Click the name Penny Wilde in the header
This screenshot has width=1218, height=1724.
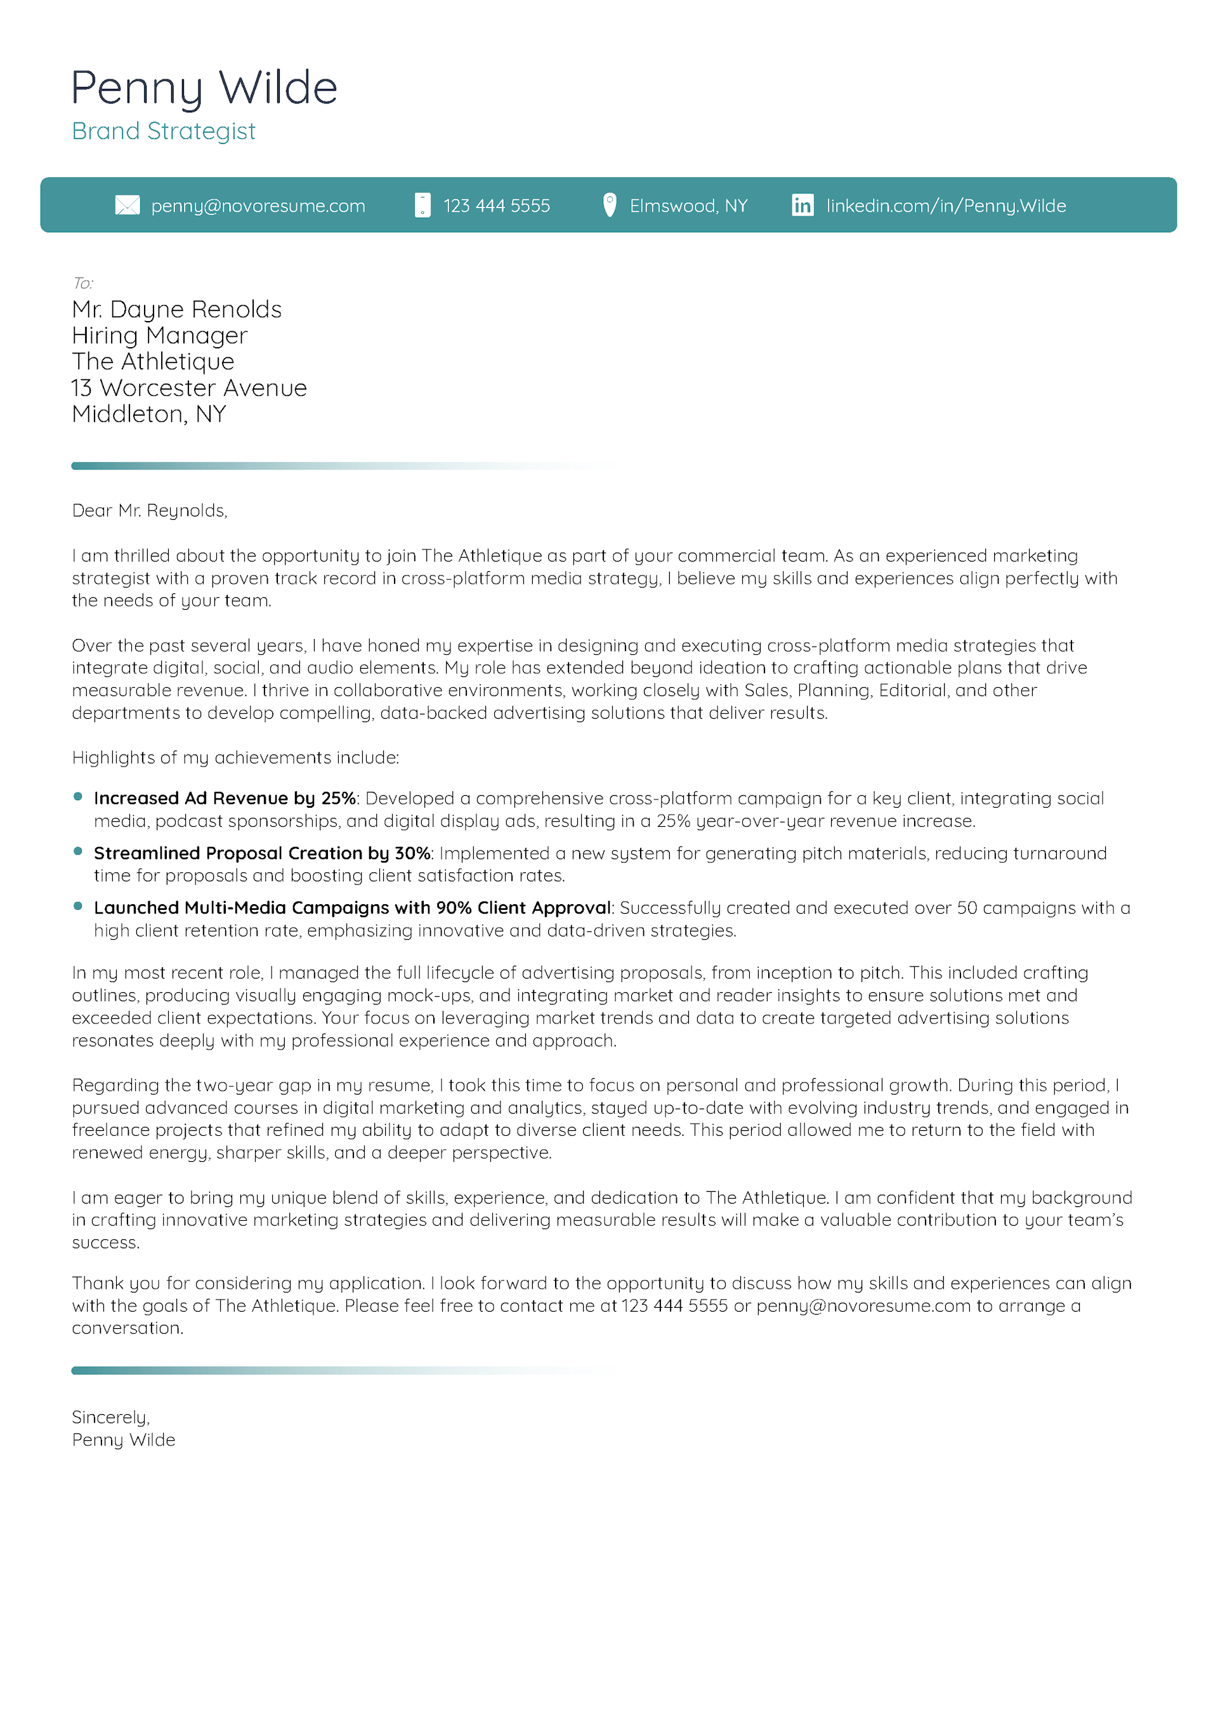pyautogui.click(x=204, y=89)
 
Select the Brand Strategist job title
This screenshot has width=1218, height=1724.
pyautogui.click(x=164, y=131)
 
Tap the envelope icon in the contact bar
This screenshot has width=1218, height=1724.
pyautogui.click(x=127, y=205)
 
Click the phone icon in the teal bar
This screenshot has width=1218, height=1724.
pyautogui.click(x=422, y=205)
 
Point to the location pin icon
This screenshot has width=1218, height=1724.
pyautogui.click(x=610, y=205)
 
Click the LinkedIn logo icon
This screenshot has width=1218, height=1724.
pyautogui.click(x=802, y=205)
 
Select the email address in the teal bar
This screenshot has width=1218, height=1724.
pyautogui.click(x=258, y=206)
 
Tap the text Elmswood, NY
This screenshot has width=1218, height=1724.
pyautogui.click(x=688, y=206)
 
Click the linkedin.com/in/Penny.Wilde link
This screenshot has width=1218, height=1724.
pyautogui.click(x=945, y=206)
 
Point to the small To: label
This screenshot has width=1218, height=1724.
pyautogui.click(x=82, y=283)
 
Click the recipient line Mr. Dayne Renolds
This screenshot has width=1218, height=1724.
pyautogui.click(x=176, y=310)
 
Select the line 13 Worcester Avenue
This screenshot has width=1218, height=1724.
pyautogui.click(x=189, y=388)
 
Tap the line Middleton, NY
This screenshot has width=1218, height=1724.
pyautogui.click(x=148, y=414)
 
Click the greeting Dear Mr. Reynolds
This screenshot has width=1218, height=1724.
pyautogui.click(x=150, y=511)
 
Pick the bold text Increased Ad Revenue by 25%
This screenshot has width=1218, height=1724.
pyautogui.click(x=225, y=798)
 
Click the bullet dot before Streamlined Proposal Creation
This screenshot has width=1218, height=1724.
pyautogui.click(x=78, y=851)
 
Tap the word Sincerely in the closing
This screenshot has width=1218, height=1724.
pyautogui.click(x=110, y=1417)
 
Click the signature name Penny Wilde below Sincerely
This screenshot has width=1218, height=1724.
pyautogui.click(x=124, y=1440)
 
